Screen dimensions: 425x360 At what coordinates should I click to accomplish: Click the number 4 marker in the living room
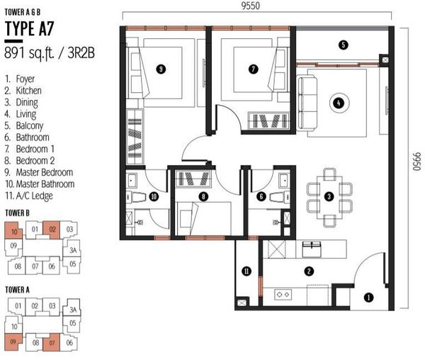point(339,103)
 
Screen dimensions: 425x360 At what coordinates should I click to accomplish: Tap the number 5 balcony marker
point(343,45)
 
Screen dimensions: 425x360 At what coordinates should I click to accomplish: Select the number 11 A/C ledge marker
point(246,271)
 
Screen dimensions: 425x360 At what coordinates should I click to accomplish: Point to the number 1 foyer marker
point(368,298)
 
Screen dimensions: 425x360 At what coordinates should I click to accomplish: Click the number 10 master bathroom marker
point(154,196)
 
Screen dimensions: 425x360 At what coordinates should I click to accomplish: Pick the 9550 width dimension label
point(251,6)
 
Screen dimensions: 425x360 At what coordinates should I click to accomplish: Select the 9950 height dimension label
point(417,162)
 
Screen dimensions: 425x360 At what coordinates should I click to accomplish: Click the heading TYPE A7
point(29,29)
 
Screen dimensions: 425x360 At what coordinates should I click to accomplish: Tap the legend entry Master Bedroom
point(45,172)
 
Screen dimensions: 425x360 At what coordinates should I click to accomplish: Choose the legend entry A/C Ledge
point(35,196)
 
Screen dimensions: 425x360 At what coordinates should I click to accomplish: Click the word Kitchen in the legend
point(29,91)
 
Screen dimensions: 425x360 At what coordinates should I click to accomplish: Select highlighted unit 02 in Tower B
point(52,230)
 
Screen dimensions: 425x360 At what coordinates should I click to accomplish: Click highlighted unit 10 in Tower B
point(13,231)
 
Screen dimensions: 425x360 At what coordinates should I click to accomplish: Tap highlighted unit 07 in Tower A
point(52,343)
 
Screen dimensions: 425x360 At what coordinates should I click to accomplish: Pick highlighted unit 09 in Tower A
point(13,342)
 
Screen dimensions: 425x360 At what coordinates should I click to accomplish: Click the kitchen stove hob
point(283,294)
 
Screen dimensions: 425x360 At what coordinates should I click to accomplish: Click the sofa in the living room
point(307,103)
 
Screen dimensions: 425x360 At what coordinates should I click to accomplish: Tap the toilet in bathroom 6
point(280,197)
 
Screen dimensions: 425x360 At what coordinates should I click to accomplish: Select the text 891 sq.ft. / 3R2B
point(50,53)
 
